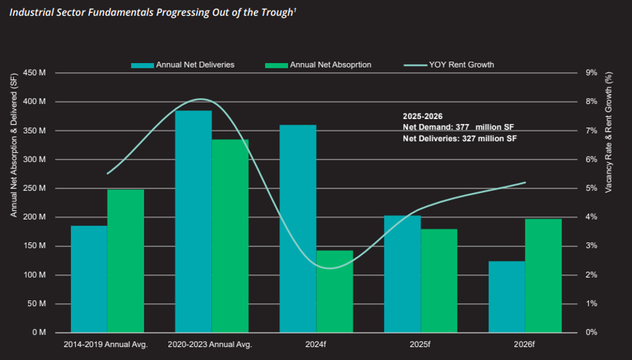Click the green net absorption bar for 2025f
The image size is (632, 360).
[438, 281]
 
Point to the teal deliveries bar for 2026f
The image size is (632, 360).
[507, 296]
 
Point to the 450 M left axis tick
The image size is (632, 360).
[34, 73]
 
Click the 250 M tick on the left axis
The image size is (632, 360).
[34, 188]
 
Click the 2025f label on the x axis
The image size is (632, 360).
[420, 344]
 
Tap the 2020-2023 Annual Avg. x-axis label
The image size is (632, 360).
[210, 344]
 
